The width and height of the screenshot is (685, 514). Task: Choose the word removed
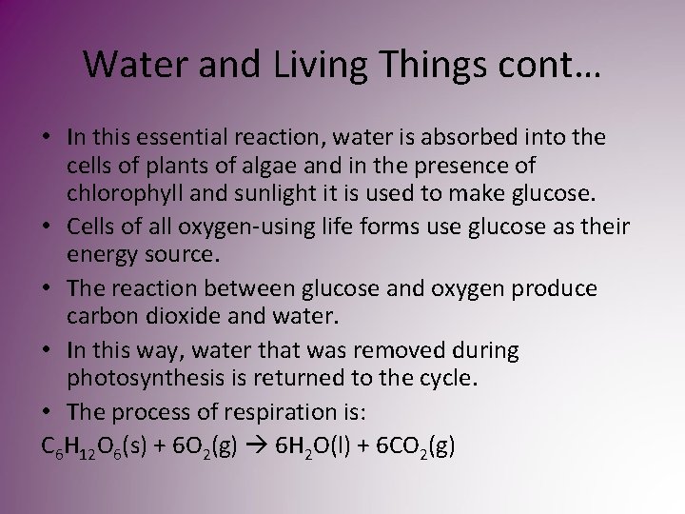[394, 350]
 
